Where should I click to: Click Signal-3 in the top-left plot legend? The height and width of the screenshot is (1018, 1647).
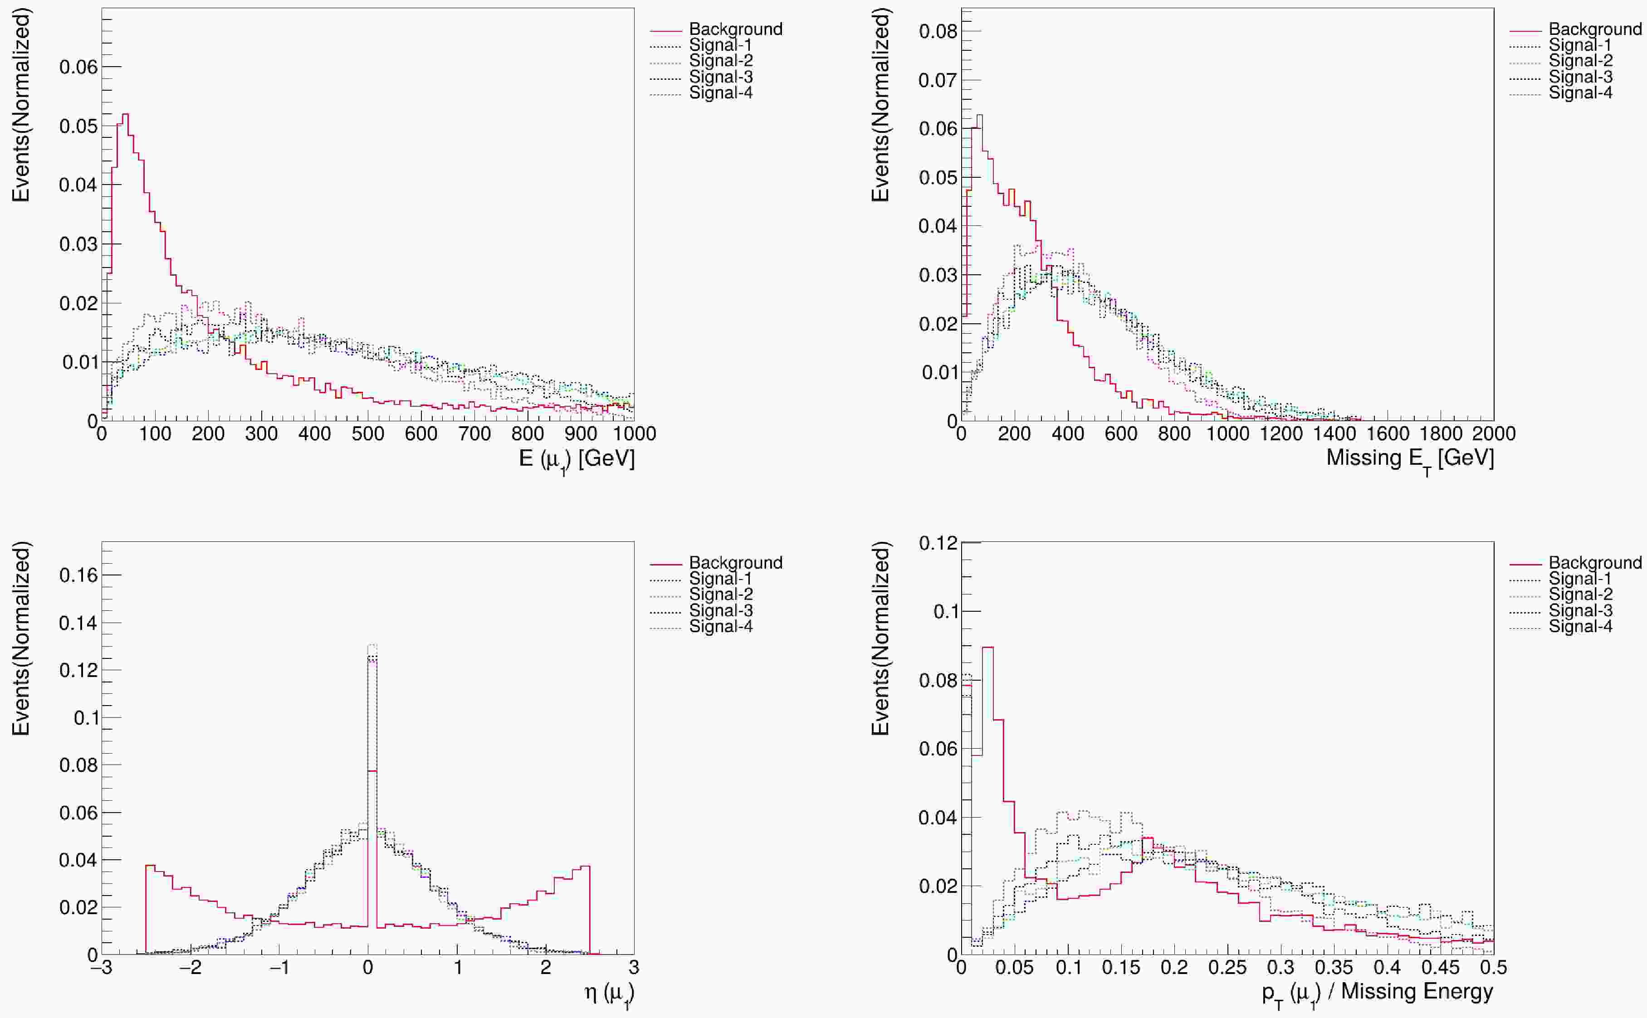click(x=720, y=77)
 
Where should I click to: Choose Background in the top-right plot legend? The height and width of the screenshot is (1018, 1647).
click(x=1594, y=29)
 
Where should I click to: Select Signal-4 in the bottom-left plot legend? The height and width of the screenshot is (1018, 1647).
click(x=720, y=626)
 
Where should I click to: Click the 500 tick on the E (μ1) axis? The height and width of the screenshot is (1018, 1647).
click(x=368, y=434)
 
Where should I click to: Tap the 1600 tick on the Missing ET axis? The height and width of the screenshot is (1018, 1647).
click(x=1388, y=434)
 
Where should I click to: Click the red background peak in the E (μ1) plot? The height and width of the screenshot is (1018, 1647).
click(x=125, y=115)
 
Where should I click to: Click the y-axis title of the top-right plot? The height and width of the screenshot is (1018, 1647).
click(x=881, y=104)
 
